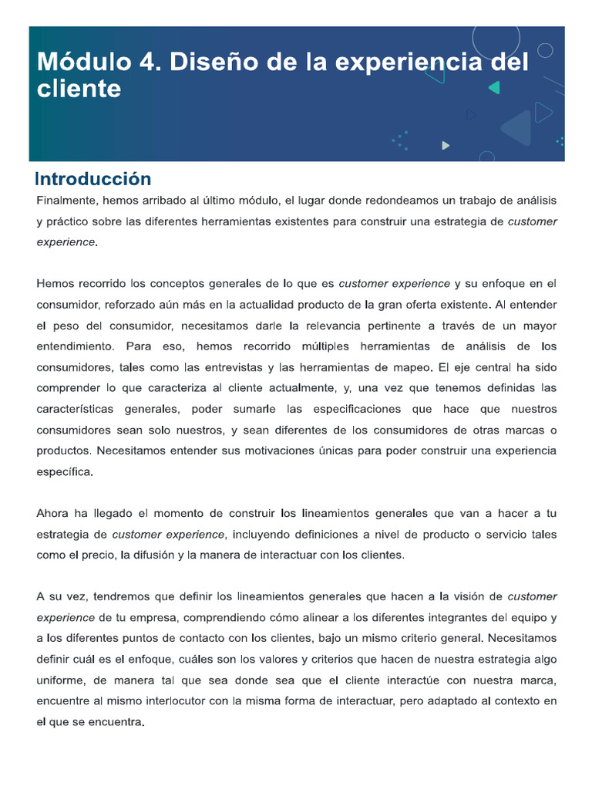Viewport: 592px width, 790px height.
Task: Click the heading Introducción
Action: [x=93, y=179]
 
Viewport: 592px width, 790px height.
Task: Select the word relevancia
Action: [x=319, y=326]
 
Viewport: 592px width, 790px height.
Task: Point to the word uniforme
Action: [x=62, y=680]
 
